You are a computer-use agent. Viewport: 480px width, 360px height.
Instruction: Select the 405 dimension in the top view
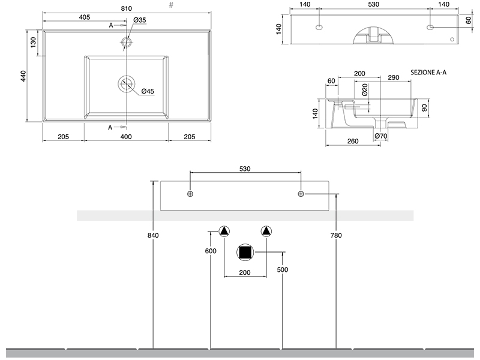84,17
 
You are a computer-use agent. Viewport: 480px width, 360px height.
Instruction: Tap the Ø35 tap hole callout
140,21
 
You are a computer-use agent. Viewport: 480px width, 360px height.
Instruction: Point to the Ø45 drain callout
148,91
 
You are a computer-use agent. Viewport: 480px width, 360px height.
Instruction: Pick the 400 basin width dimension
126,137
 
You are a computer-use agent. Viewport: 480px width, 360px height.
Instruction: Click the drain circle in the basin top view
127,84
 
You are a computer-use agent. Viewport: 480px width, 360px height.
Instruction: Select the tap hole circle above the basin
127,42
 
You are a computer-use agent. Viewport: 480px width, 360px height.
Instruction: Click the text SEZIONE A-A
428,72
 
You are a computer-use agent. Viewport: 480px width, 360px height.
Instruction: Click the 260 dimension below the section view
353,142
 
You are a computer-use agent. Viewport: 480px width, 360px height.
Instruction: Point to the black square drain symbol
245,253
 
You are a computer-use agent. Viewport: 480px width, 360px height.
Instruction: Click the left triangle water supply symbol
224,231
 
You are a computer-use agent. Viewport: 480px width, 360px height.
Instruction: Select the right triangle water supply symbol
266,231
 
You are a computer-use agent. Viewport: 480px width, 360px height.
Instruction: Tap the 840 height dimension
153,236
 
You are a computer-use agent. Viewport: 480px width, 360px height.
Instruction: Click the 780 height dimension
336,236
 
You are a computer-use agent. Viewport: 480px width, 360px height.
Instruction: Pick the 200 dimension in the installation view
245,272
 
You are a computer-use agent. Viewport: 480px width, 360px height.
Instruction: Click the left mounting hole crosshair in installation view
190,194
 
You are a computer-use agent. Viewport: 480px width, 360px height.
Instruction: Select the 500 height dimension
283,269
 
